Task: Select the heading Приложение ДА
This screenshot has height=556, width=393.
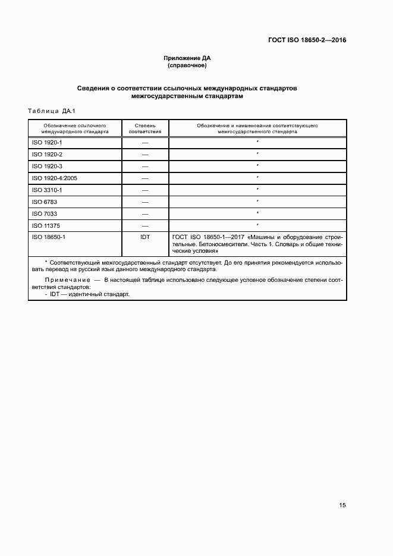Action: pos(187,58)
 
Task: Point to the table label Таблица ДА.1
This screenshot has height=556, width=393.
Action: pos(49,111)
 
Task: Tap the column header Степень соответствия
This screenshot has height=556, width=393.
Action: pos(145,129)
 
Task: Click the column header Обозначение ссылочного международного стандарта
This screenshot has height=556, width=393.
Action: pos(75,129)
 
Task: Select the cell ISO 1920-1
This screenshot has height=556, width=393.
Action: pos(47,143)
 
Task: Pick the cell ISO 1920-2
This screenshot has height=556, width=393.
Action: pos(47,155)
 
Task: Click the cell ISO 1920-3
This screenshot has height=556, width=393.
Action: pos(47,167)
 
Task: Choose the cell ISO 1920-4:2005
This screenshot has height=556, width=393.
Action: pos(55,178)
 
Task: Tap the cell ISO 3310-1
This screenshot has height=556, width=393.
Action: pos(47,190)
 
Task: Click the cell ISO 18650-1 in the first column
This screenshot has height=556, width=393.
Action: pos(49,237)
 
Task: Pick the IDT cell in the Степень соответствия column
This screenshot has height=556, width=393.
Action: pos(145,237)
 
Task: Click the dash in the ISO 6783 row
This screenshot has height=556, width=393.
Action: pos(145,202)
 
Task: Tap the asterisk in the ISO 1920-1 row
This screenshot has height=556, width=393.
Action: pos(257,143)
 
